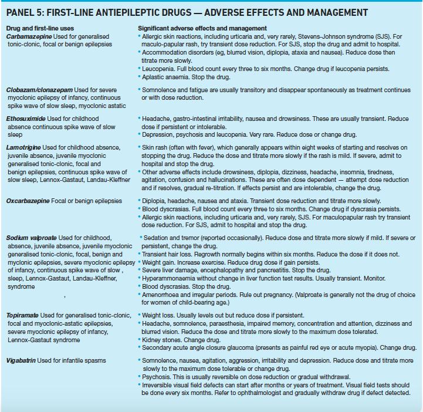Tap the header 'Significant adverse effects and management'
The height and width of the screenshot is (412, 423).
202,28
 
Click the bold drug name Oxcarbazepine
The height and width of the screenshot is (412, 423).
30,201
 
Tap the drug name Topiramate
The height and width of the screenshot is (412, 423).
23,315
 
